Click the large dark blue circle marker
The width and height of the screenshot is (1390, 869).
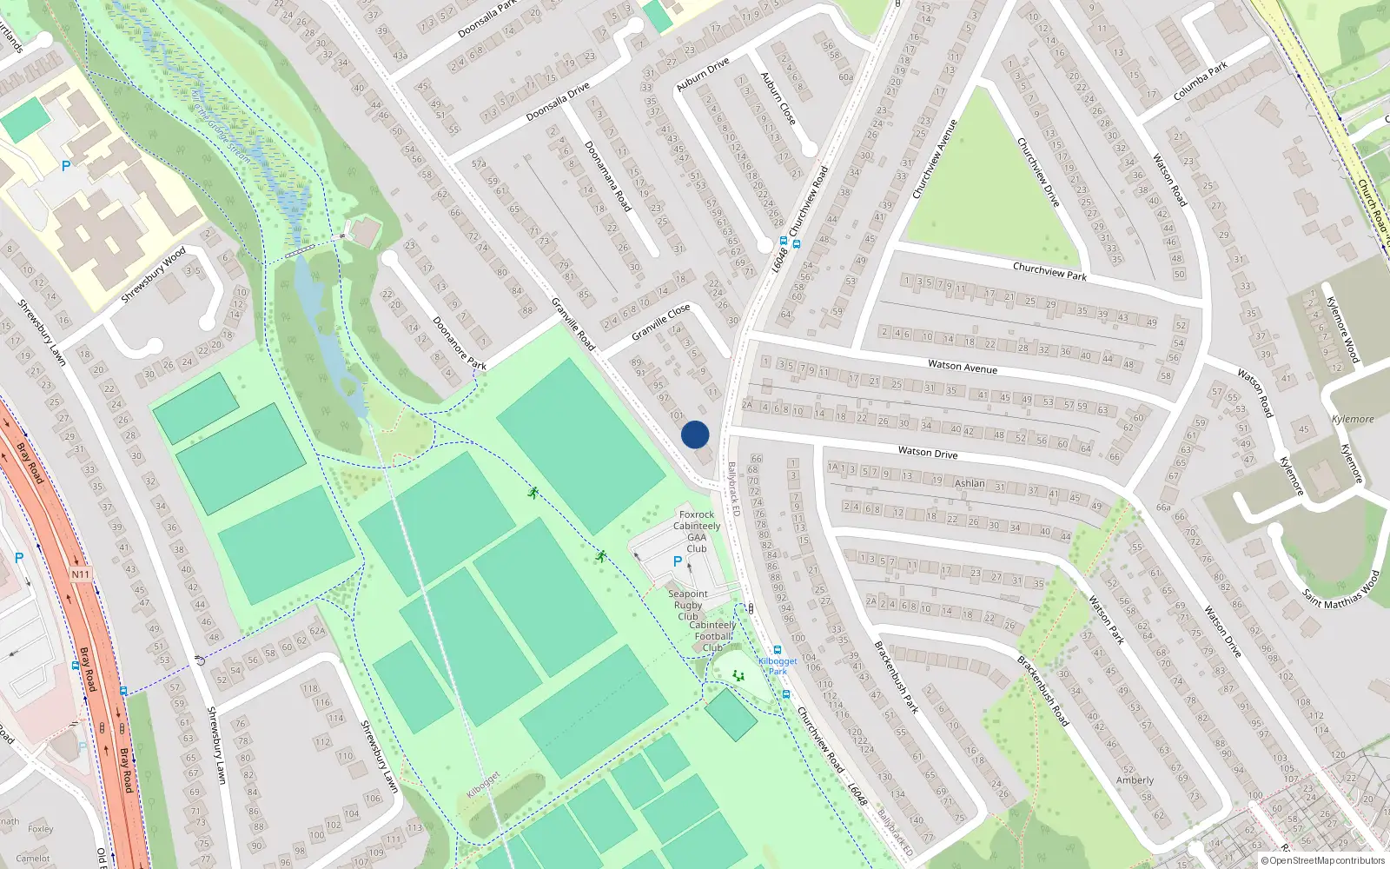click(x=695, y=434)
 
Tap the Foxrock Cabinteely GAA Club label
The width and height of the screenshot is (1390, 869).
click(x=697, y=531)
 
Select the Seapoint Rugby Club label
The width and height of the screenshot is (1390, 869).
click(x=688, y=605)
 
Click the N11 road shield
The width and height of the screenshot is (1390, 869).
click(x=81, y=574)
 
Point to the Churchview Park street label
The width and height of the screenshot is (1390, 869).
click(x=1049, y=271)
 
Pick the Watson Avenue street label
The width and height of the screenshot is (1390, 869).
click(x=962, y=367)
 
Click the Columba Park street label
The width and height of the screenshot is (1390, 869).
click(x=1201, y=80)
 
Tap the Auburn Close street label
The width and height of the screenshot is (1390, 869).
click(x=778, y=98)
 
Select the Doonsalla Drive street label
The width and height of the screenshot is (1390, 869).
click(x=558, y=102)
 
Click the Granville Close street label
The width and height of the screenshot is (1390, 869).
click(x=660, y=322)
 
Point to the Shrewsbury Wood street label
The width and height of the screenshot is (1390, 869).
click(x=153, y=275)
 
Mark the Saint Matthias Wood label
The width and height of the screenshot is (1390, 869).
click(x=1340, y=589)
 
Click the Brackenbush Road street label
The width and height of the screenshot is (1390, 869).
click(x=1042, y=692)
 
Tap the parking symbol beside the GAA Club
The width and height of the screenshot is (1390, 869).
click(x=678, y=562)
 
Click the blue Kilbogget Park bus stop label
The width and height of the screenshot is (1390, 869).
click(x=778, y=666)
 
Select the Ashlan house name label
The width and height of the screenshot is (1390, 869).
click(x=970, y=483)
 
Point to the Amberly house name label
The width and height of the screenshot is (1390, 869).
click(x=1135, y=780)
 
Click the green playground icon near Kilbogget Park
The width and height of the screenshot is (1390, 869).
click(x=738, y=675)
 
